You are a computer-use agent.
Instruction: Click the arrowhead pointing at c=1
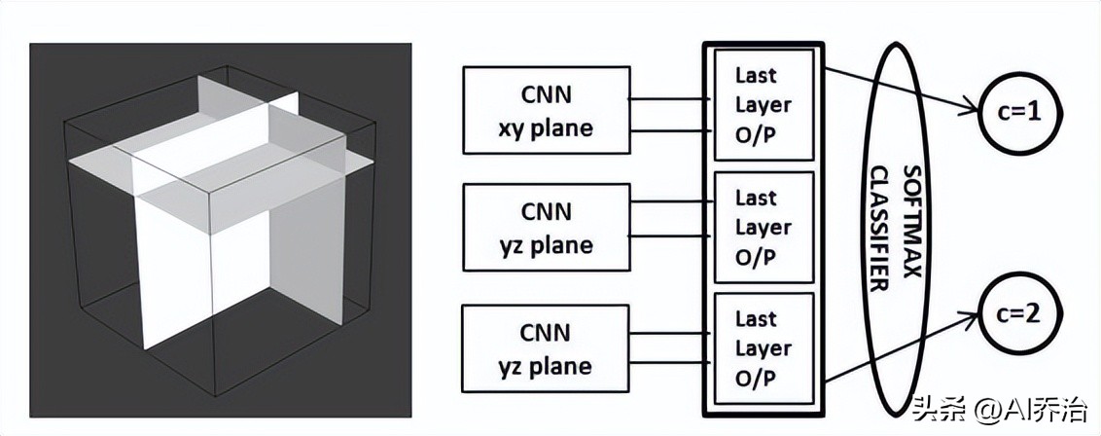tap(974, 111)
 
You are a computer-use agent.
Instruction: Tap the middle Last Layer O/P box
tap(763, 227)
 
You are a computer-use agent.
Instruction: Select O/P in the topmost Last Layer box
tap(756, 133)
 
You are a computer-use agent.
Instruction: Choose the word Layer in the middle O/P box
tap(763, 228)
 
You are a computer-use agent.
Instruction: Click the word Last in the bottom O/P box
tap(756, 319)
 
